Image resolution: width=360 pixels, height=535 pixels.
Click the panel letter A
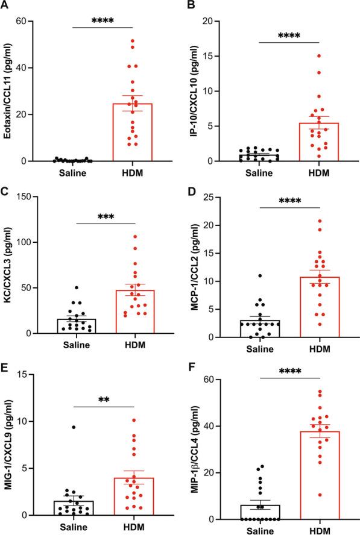[x=5, y=6]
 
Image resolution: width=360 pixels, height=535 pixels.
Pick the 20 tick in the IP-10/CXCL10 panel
[x=217, y=21]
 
